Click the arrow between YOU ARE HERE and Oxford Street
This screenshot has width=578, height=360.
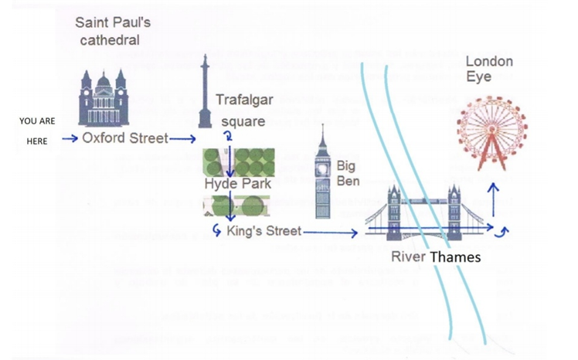point(70,140)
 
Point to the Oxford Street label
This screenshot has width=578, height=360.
point(124,139)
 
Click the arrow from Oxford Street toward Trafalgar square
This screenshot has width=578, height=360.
point(184,140)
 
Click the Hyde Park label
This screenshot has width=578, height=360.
point(237,184)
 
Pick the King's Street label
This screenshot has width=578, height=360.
point(263,231)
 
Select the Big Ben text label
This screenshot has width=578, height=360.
point(345,173)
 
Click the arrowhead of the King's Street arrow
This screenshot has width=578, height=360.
point(355,232)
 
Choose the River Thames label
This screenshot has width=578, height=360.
point(435,256)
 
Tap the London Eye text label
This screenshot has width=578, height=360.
point(488,69)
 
